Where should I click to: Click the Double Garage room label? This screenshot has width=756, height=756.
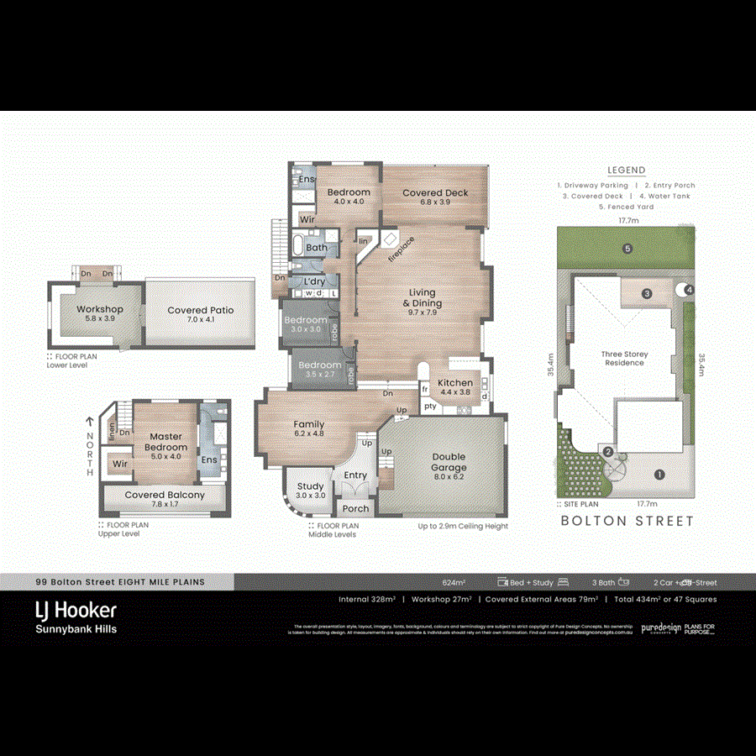point(449,462)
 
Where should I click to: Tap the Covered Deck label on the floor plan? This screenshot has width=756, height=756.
point(435,193)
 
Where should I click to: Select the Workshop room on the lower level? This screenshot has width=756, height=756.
point(100,310)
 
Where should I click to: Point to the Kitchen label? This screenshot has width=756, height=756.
point(455,383)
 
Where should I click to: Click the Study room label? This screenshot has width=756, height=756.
point(310,486)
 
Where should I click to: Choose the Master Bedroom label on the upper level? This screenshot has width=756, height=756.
point(166,437)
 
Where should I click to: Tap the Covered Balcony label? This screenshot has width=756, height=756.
point(165,496)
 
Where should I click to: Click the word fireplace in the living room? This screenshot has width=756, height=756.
point(401,249)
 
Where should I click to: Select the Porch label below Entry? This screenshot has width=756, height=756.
point(355,509)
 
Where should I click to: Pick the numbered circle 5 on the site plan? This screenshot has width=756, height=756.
point(627,249)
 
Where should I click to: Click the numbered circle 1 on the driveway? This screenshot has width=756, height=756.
point(659,475)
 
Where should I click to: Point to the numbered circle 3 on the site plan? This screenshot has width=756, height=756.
point(648,294)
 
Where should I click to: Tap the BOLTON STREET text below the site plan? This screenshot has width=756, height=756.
point(627,521)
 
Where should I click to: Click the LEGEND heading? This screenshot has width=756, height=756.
point(627,170)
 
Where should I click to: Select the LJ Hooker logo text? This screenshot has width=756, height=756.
point(76,610)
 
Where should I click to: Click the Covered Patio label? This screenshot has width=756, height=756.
point(201,311)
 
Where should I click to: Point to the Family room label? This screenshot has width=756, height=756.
point(309,425)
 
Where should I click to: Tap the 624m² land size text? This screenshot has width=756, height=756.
point(454,582)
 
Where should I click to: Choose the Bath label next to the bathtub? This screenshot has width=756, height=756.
point(317,248)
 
